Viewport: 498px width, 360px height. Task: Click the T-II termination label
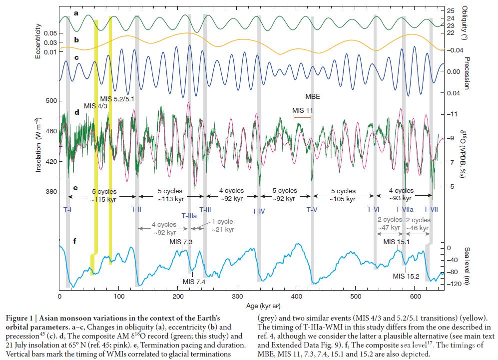[x=136, y=210]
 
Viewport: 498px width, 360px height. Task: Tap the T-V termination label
[x=312, y=210]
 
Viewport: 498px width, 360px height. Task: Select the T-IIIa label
[x=189, y=216]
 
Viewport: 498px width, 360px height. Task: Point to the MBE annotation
[x=313, y=96]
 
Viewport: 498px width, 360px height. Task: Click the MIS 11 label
[x=302, y=110]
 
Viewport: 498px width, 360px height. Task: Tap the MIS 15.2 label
[x=406, y=276]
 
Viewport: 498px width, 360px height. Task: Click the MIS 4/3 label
[x=96, y=106]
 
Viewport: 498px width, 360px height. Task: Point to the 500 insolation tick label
[x=44, y=101]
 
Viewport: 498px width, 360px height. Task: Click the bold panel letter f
[x=74, y=242]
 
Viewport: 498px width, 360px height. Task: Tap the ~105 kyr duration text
[x=343, y=199]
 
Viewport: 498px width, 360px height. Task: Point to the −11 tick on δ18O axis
[x=452, y=114]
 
